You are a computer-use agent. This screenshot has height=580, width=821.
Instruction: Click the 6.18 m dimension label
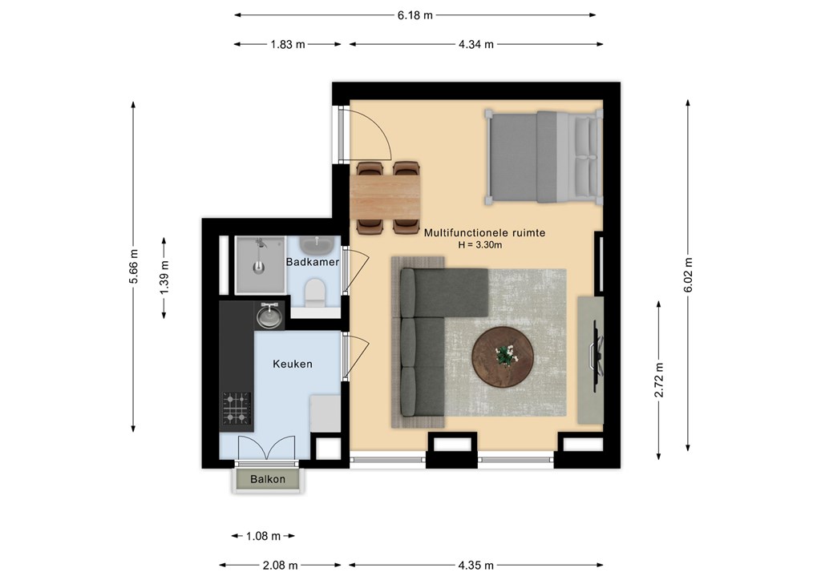point(415,15)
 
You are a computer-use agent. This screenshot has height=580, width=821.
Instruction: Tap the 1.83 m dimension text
point(288,44)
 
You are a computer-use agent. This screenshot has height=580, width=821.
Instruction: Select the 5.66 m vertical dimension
point(134,267)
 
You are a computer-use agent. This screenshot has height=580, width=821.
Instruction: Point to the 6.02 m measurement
point(688,275)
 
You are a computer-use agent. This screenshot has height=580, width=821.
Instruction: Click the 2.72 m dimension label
point(659,381)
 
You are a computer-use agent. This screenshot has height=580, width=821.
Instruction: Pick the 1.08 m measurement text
point(263,536)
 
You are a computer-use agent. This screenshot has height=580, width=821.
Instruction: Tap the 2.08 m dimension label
point(280,566)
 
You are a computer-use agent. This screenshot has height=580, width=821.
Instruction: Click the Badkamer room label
point(313,261)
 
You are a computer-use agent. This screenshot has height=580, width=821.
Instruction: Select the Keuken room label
point(292,364)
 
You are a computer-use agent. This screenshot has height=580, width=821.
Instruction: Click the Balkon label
point(268,479)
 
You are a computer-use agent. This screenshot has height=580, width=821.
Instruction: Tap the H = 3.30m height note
point(480,245)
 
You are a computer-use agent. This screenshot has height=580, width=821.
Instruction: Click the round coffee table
point(503,357)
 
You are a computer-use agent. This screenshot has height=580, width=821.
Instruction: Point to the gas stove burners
point(237,408)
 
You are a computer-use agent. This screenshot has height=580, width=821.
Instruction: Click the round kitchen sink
point(269,316)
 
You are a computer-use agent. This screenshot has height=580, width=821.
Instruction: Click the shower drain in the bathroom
point(258,268)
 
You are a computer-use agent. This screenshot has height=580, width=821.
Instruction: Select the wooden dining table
point(385,196)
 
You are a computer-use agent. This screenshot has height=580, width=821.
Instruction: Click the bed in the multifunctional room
point(543,156)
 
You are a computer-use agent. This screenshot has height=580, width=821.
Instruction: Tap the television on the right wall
point(597,356)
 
